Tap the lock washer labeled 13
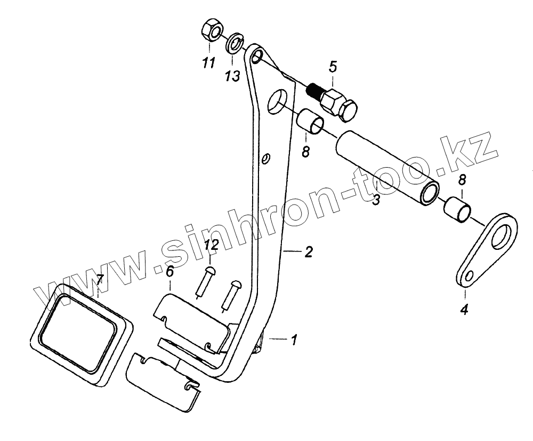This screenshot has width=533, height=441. (x=234, y=43)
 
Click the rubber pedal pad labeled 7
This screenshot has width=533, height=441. (x=80, y=334)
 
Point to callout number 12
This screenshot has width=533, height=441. (x=211, y=247)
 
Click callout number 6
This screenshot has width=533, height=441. (x=169, y=271)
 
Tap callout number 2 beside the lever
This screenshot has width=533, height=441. (x=309, y=253)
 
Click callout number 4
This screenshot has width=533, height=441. (x=464, y=309)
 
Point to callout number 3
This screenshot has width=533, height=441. (x=376, y=201)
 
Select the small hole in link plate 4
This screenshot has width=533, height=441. (x=470, y=276)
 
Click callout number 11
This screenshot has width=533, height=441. (x=208, y=63)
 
